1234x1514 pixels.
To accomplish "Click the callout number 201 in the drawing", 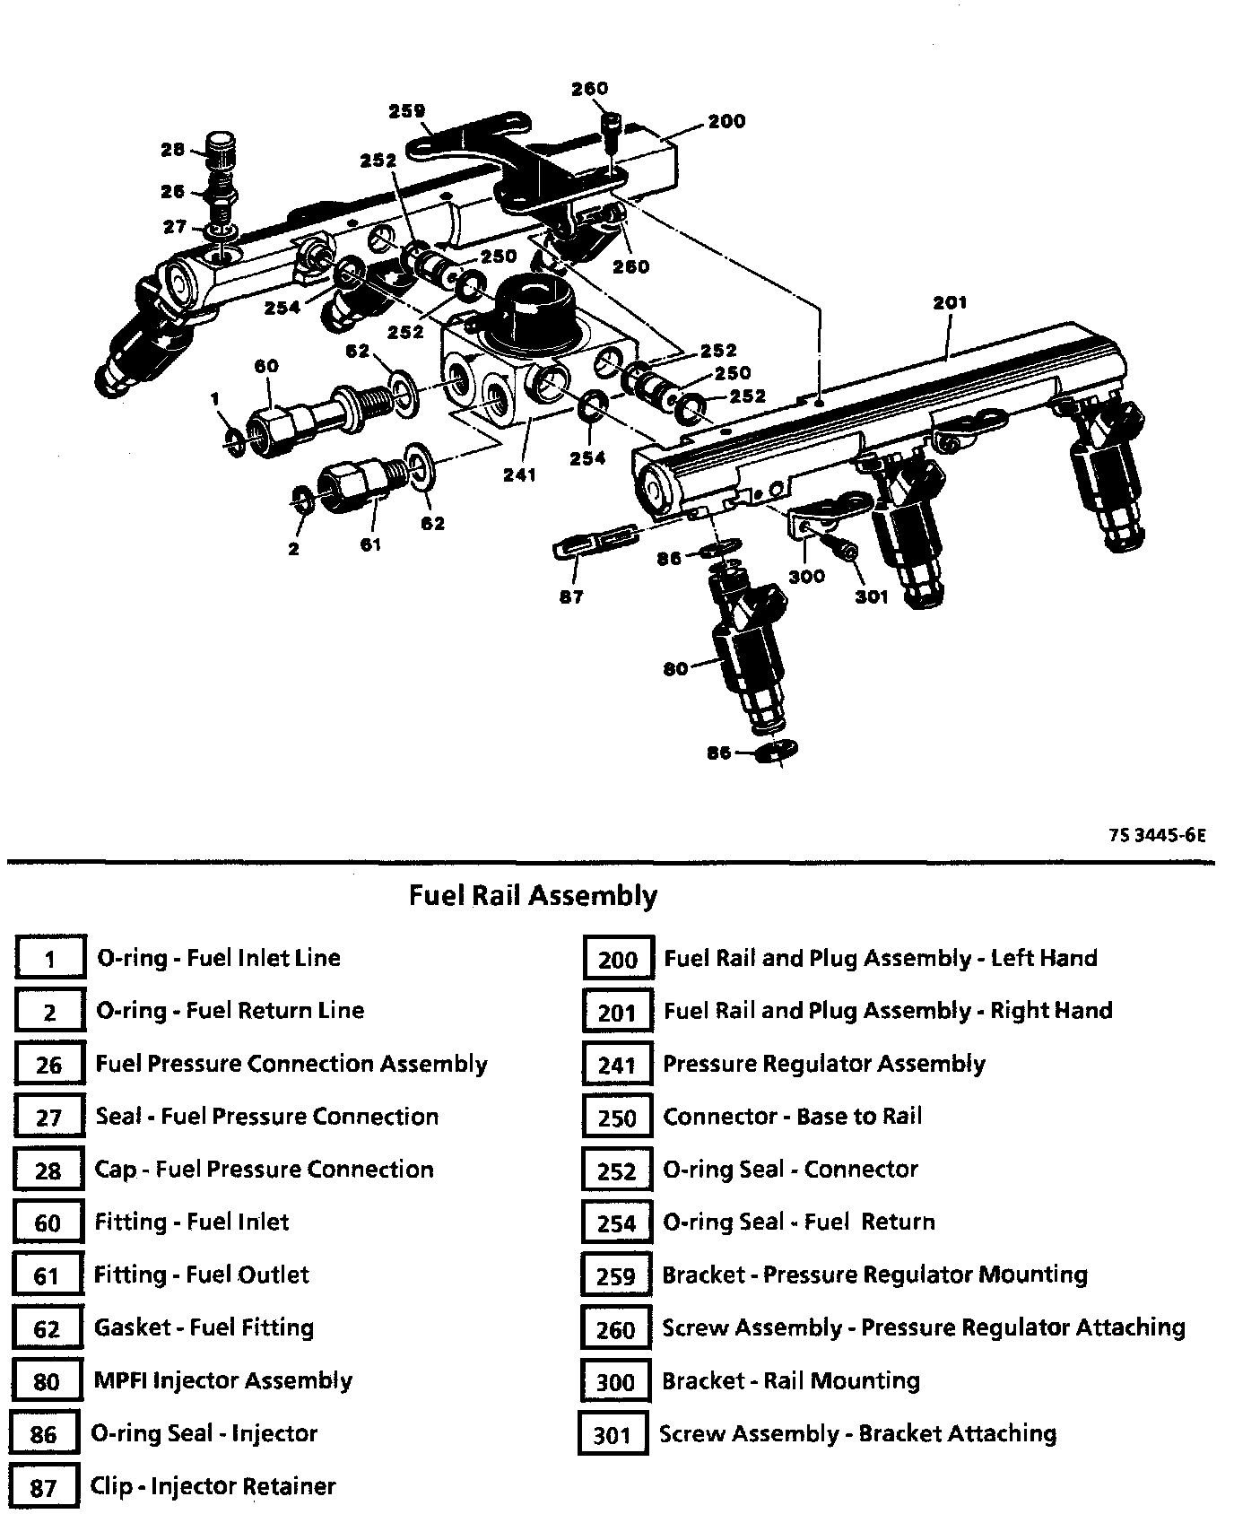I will pos(950,303).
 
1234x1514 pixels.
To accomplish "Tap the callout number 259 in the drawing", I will pos(406,112).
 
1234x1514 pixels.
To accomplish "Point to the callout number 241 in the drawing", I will pos(519,474).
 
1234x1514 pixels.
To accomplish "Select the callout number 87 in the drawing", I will pos(571,596).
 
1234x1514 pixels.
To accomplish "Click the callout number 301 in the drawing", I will pos(871,596).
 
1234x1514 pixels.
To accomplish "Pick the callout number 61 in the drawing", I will pos(370,544).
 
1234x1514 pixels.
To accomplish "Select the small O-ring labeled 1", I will pos(235,440).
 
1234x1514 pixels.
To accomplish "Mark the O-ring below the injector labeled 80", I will pos(777,752).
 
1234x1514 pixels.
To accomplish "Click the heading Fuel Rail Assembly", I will pos(533,895).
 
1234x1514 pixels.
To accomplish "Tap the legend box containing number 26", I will pos(49,1065).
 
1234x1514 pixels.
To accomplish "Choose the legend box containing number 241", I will pos(617,1065).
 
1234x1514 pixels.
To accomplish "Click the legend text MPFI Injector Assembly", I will pos(223,1380).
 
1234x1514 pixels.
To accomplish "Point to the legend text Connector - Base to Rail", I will pos(792,1117).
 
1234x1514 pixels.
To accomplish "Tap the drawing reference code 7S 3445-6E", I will pos(1156,835).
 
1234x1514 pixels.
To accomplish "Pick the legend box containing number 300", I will pos(615,1382).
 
